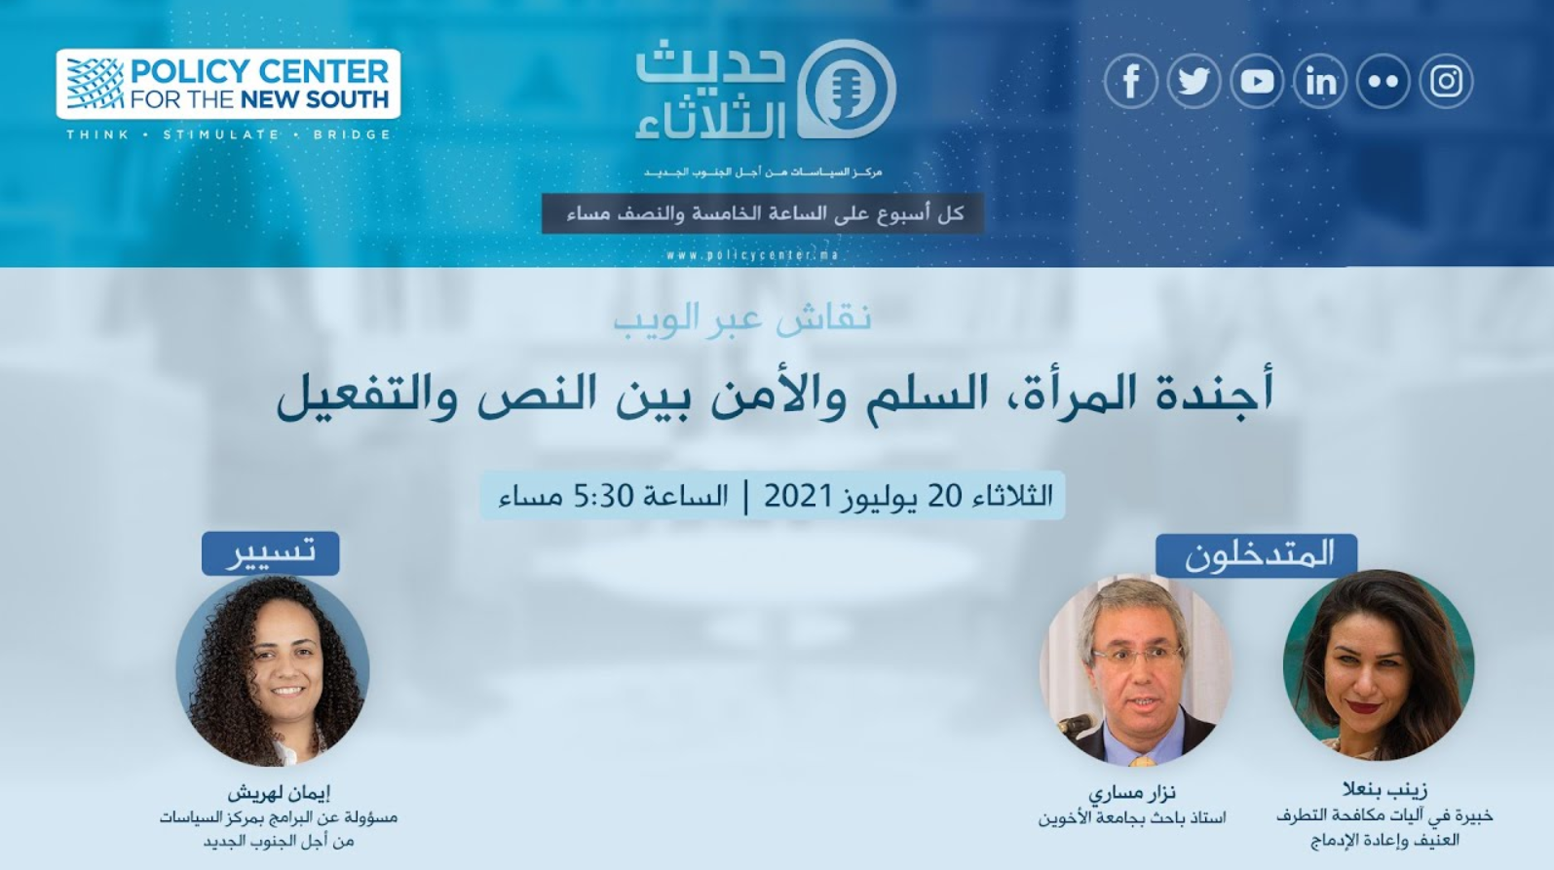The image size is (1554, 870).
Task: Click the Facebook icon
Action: [x=1131, y=81]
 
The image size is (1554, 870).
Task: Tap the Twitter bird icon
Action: [x=1194, y=81]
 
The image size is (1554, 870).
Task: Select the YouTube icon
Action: [x=1257, y=81]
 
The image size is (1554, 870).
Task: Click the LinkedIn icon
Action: [x=1320, y=81]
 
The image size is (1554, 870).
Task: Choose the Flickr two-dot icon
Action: [x=1383, y=81]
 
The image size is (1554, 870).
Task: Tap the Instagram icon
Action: [x=1447, y=81]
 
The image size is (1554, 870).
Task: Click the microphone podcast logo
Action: [x=847, y=89]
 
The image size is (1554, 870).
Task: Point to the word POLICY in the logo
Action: [x=190, y=71]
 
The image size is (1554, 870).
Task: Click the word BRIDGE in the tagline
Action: [x=353, y=134]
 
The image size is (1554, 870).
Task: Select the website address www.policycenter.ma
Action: [x=752, y=255]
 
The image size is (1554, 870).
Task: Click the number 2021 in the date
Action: [x=798, y=496]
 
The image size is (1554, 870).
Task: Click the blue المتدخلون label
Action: [x=1257, y=555]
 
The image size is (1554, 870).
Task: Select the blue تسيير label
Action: [x=271, y=553]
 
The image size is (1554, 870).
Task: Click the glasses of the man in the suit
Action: [x=1138, y=655]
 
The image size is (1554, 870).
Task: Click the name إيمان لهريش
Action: [x=279, y=792]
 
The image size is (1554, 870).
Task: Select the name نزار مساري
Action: [x=1131, y=792]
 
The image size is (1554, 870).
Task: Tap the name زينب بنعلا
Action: [x=1384, y=789]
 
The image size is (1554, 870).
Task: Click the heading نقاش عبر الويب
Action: [x=742, y=320]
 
